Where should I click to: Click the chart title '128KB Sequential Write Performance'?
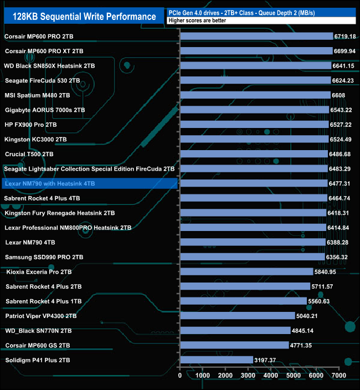click(84, 16)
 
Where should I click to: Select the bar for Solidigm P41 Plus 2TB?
click(217, 360)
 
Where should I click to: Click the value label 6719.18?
click(344, 36)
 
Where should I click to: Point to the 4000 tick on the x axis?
click(271, 376)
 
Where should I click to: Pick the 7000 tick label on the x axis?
click(339, 376)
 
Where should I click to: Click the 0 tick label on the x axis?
click(180, 376)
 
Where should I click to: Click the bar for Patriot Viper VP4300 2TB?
click(238, 316)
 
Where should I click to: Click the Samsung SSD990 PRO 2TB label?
click(44, 257)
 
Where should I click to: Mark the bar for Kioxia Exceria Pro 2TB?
click(246, 271)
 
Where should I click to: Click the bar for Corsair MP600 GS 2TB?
click(234, 345)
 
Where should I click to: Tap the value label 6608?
click(338, 95)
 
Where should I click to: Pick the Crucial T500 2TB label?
click(29, 154)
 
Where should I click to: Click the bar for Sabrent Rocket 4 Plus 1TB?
click(243, 301)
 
